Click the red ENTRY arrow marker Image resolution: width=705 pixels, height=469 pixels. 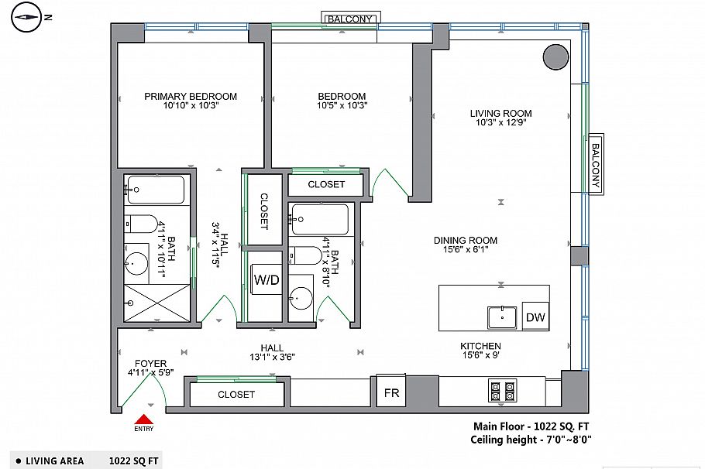coord(143,419)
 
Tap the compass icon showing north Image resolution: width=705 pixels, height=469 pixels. coord(27,16)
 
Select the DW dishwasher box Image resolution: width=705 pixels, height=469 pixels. coord(535,317)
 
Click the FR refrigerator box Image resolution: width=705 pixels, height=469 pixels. coord(392,393)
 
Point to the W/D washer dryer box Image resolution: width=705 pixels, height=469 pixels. coord(267,280)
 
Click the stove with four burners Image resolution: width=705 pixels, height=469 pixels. coord(502,391)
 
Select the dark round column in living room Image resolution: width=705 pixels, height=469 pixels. coord(555,56)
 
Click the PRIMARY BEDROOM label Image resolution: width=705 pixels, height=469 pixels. coord(191,97)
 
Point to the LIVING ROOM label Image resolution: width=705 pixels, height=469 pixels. coord(500,113)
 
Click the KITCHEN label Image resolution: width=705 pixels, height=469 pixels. coord(480,346)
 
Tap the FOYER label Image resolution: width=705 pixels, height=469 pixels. coord(150,363)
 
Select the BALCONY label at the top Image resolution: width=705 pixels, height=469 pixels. coord(351,18)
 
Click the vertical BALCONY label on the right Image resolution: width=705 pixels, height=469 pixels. coord(595,165)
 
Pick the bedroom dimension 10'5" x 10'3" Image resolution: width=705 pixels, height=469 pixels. coord(342,106)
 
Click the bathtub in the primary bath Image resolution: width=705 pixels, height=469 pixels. coord(156,190)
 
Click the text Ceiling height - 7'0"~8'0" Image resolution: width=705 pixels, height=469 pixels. coord(531,440)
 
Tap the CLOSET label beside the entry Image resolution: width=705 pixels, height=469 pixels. coord(236,395)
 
